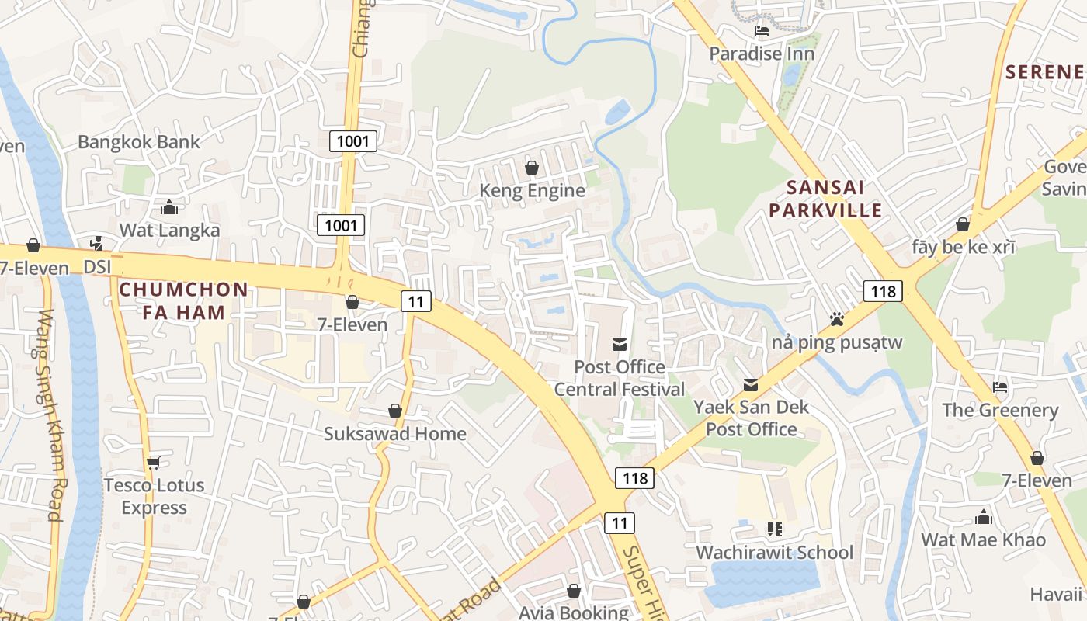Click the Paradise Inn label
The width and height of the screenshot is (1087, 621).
click(762, 54)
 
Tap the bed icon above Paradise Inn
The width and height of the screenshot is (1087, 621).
click(762, 31)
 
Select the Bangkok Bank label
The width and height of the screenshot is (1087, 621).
click(139, 142)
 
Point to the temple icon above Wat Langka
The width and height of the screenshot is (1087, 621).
click(168, 207)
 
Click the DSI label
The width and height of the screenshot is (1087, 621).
click(98, 266)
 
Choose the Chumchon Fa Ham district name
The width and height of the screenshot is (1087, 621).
click(183, 301)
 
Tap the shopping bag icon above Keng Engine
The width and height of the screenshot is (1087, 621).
click(532, 168)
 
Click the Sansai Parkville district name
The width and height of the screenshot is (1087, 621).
click(835, 199)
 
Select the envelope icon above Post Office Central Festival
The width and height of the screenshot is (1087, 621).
click(620, 344)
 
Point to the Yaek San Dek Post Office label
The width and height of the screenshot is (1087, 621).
click(751, 418)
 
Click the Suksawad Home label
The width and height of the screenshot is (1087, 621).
click(395, 433)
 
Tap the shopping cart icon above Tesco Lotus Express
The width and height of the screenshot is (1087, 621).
click(153, 463)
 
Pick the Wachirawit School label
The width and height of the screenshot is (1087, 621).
click(774, 552)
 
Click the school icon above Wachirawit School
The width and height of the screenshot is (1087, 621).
click(774, 529)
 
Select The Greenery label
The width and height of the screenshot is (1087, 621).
click(1000, 410)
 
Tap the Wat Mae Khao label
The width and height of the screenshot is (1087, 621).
click(983, 539)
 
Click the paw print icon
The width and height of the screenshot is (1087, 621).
click(836, 319)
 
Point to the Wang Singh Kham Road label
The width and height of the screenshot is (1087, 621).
click(49, 415)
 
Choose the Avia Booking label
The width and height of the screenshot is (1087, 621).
click(573, 612)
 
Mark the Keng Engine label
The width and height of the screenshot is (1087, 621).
click(532, 190)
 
